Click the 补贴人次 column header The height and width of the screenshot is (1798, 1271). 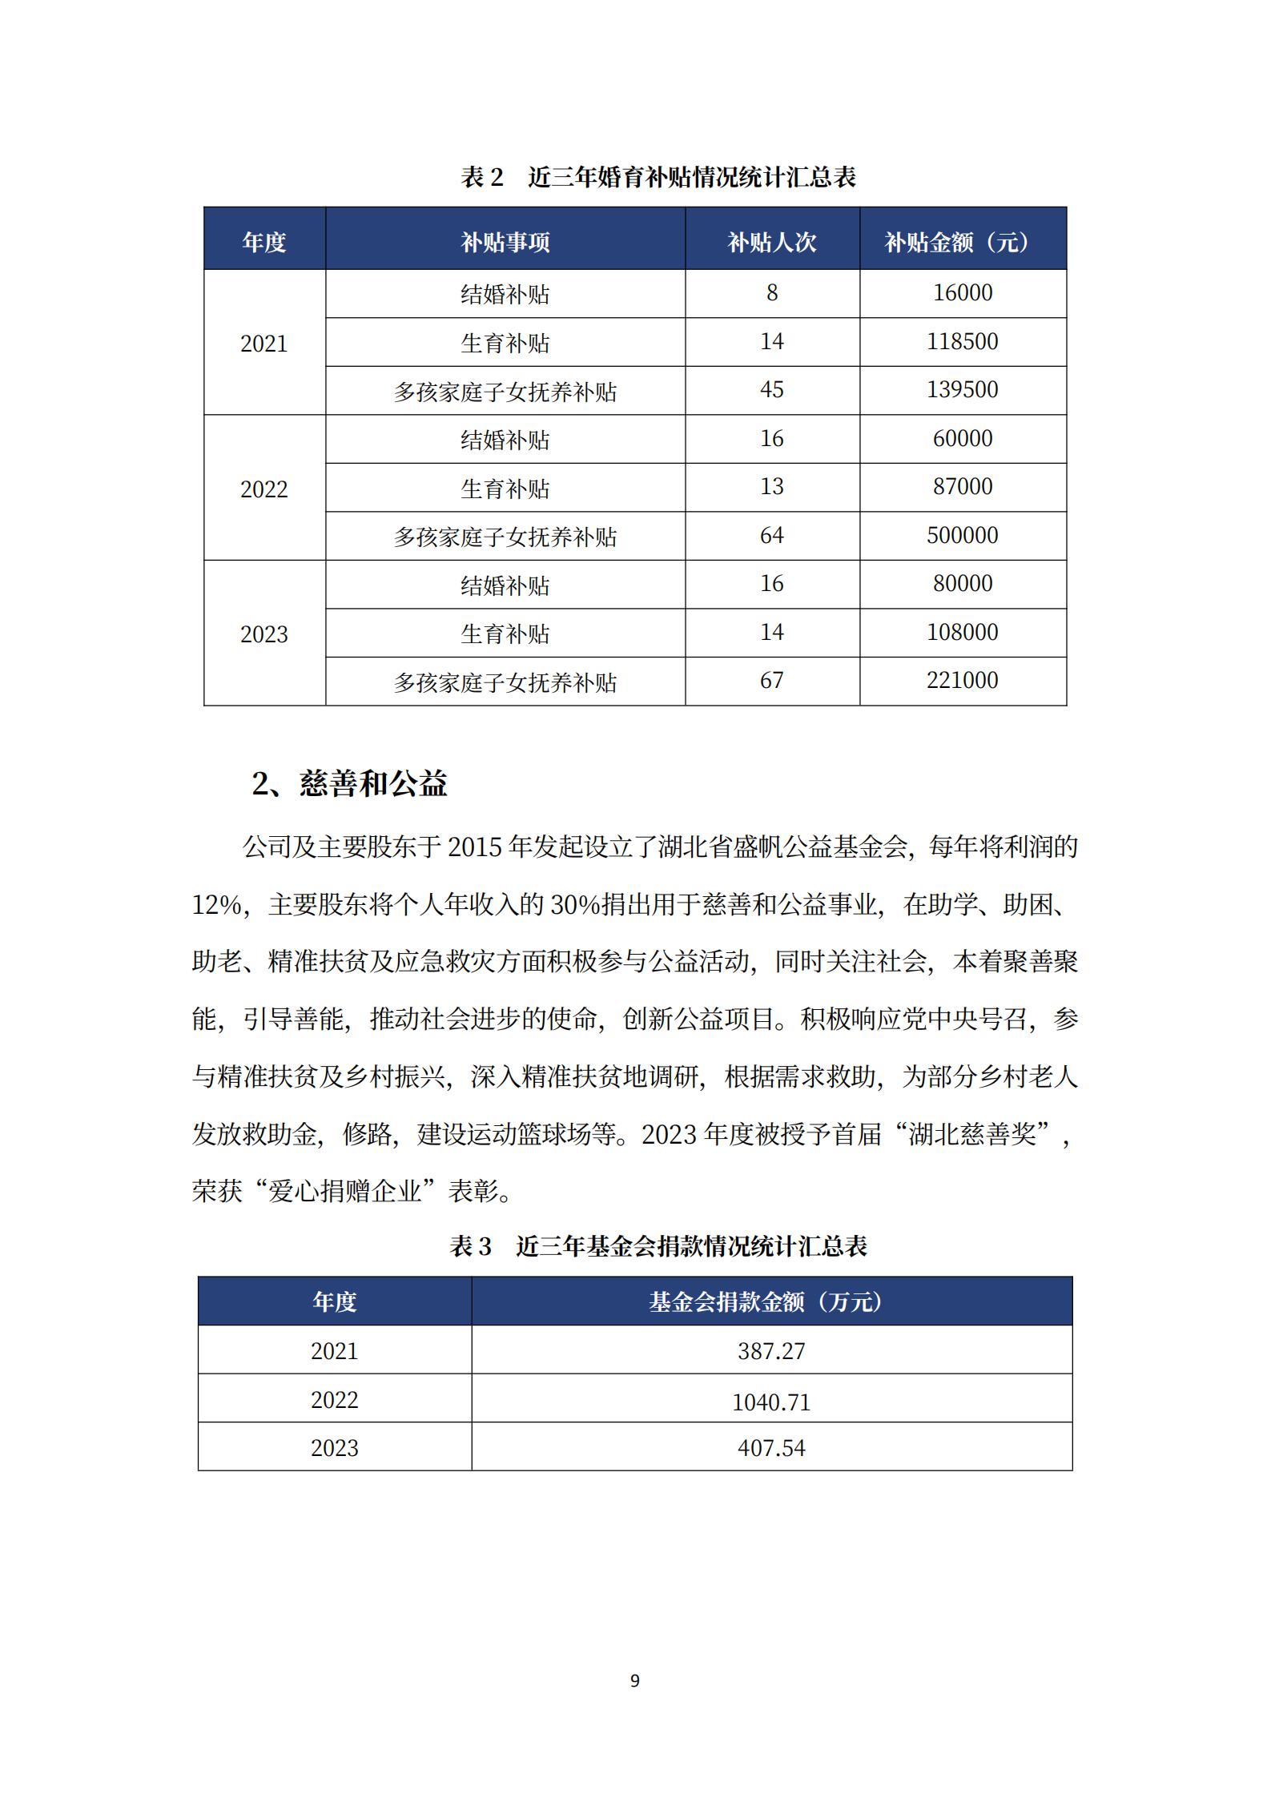click(772, 242)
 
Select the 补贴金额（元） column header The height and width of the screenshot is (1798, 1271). click(962, 242)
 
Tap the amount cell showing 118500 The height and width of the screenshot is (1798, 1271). click(962, 342)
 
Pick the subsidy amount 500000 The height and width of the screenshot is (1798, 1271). click(962, 535)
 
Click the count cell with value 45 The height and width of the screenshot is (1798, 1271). click(772, 390)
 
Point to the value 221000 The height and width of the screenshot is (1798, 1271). click(962, 681)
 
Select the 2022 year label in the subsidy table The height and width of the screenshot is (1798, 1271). click(263, 489)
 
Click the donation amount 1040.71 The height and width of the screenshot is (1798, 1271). click(771, 1402)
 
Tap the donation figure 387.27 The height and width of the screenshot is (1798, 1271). click(771, 1351)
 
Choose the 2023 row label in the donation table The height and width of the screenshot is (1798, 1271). click(334, 1448)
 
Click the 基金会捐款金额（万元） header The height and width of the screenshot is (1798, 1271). click(770, 1301)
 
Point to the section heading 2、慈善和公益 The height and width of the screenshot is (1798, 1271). click(349, 783)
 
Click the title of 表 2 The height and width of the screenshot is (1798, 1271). click(658, 177)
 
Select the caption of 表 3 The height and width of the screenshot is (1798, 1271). click(658, 1245)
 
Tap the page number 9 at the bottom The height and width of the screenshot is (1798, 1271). click(635, 1680)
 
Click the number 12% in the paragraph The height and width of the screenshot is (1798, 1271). click(216, 905)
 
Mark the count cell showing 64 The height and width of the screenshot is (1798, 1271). click(772, 535)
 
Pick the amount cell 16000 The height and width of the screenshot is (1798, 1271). click(962, 293)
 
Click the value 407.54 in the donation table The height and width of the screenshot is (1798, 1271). click(771, 1448)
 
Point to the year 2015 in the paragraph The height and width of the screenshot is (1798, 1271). click(474, 847)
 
